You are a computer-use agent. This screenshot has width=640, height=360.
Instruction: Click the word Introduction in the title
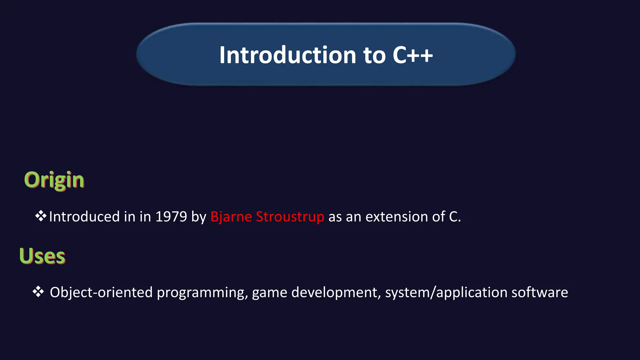287,55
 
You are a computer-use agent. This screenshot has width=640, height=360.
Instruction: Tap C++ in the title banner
412,55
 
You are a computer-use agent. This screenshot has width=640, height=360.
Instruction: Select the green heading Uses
42,256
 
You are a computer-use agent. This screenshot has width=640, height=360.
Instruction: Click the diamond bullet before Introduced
41,216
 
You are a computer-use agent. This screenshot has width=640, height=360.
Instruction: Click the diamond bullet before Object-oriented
38,292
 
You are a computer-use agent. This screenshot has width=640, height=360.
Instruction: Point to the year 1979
171,217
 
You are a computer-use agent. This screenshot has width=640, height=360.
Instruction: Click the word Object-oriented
101,292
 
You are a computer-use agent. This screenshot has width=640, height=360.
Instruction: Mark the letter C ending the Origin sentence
453,217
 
